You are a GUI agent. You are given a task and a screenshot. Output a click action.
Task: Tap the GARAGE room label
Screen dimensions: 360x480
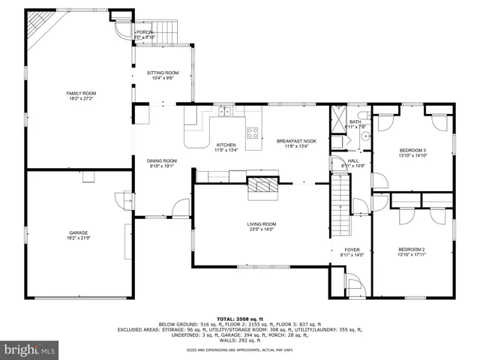point(73,233)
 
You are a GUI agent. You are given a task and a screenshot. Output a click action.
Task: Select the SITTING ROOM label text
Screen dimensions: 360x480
point(162,73)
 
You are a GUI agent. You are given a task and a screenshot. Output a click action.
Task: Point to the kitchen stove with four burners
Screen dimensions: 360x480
point(253,134)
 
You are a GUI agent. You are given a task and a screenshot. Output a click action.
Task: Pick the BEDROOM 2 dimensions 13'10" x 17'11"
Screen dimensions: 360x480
point(412,255)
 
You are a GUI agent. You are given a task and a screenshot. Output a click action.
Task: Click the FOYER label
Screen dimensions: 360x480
point(352,250)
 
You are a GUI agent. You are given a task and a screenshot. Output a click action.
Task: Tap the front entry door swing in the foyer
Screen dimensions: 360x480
point(351,286)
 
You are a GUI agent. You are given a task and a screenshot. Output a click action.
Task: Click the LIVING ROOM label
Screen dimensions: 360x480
point(262,223)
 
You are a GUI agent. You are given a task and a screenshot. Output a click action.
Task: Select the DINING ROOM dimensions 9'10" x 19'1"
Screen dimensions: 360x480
point(161,166)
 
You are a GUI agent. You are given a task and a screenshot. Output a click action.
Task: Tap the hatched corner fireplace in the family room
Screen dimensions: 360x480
point(37,30)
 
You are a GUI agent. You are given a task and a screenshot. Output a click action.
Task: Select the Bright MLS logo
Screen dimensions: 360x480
point(30,349)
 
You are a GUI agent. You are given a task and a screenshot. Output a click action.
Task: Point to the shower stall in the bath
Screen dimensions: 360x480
point(339,120)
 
